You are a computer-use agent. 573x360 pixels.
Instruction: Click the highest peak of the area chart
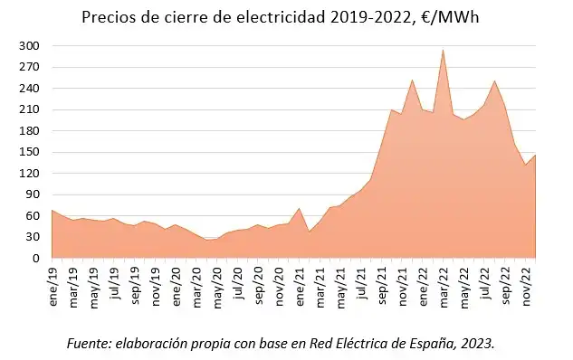(x=443, y=50)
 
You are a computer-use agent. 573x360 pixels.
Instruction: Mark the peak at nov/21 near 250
(x=412, y=80)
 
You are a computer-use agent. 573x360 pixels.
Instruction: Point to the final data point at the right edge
(x=535, y=155)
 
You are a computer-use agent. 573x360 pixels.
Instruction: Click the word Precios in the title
(x=106, y=16)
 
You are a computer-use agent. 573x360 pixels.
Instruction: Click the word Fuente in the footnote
(x=89, y=344)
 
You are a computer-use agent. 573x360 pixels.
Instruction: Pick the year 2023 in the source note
(x=476, y=344)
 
